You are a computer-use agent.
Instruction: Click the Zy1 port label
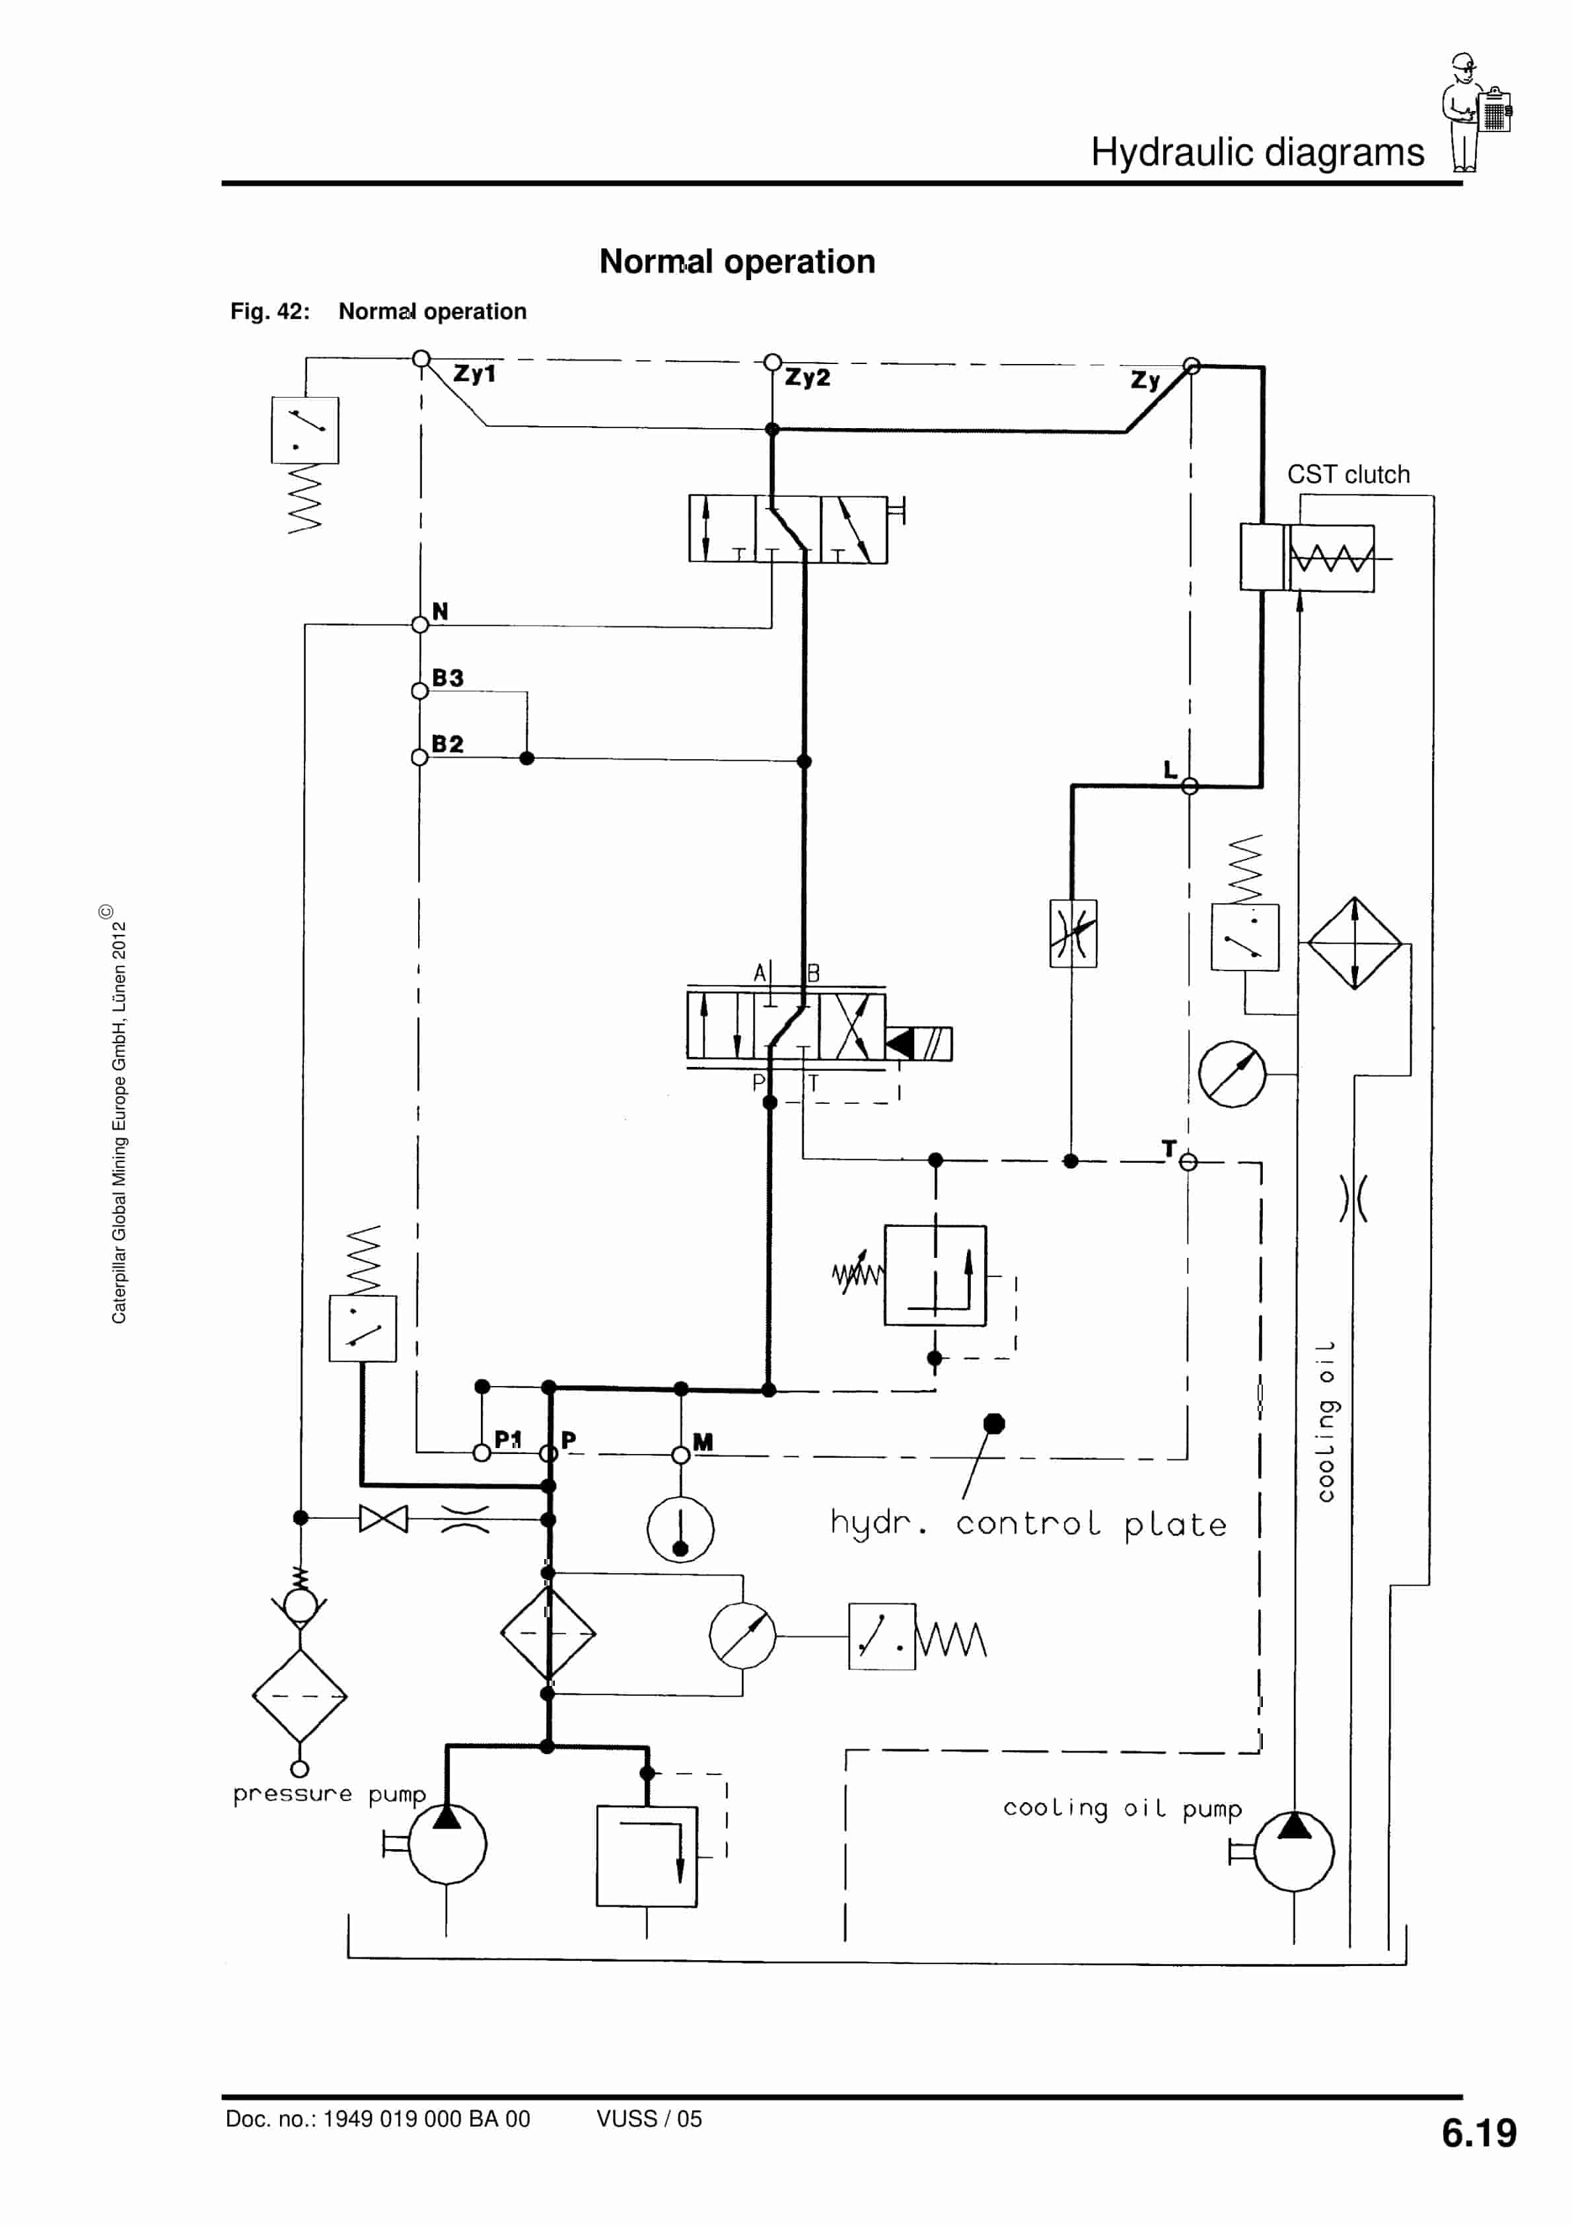[474, 373]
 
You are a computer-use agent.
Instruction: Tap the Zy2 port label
[807, 377]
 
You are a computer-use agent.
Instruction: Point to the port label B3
[448, 677]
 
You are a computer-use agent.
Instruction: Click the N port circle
[419, 625]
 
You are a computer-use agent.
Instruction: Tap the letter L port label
[1170, 770]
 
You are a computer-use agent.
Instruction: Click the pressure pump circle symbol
[447, 1844]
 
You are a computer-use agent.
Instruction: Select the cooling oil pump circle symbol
[1294, 1852]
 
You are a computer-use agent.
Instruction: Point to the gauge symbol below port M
[680, 1529]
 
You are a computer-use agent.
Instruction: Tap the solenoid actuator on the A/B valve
[919, 1044]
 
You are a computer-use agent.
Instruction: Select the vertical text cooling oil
[1325, 1422]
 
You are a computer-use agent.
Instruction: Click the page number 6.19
[1478, 2133]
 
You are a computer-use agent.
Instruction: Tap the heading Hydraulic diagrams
[1257, 152]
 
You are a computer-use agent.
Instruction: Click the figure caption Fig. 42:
[269, 311]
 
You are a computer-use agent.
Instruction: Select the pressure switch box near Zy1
[305, 429]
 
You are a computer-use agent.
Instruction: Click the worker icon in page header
[1475, 112]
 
